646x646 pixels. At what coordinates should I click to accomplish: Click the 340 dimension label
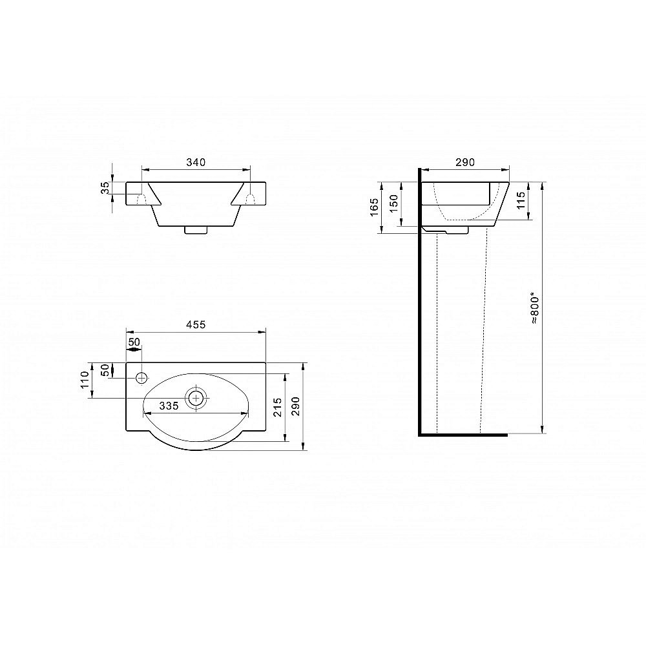[x=196, y=162]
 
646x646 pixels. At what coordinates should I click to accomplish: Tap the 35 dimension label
[x=106, y=188]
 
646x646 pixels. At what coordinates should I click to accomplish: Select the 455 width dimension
[x=196, y=325]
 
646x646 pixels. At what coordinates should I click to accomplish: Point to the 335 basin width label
[x=169, y=406]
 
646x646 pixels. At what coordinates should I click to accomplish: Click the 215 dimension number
[x=278, y=407]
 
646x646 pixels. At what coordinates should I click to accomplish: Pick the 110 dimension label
[x=85, y=380]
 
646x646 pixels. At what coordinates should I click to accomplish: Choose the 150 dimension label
[x=394, y=203]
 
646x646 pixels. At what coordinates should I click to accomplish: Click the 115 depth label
[x=521, y=201]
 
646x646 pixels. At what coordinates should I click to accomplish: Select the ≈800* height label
[x=534, y=307]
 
